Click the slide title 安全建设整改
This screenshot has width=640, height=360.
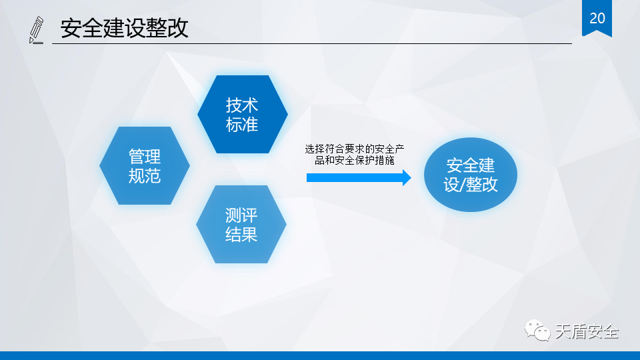click(124, 28)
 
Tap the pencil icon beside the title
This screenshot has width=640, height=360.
click(36, 30)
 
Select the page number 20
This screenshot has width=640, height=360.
click(597, 18)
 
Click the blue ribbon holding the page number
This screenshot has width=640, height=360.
click(597, 19)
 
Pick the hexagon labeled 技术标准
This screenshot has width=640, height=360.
click(243, 114)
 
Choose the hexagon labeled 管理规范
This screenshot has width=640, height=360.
click(145, 166)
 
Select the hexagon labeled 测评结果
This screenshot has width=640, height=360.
click(241, 225)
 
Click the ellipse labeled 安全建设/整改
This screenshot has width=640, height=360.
click(471, 175)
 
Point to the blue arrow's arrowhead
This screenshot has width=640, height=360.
click(407, 177)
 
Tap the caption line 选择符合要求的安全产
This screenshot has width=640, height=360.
click(354, 149)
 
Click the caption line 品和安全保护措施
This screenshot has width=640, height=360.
click(354, 160)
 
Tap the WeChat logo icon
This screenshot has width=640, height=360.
click(537, 330)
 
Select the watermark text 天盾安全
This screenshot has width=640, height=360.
click(587, 331)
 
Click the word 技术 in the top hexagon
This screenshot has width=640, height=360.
click(242, 105)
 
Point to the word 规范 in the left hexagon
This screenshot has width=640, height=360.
click(145, 176)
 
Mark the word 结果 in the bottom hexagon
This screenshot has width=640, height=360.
click(241, 235)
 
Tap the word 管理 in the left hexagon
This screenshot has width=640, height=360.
click(145, 157)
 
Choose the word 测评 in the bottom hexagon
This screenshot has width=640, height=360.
click(241, 215)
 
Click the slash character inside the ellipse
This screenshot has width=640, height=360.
click(463, 185)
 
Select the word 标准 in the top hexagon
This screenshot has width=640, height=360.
click(242, 124)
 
